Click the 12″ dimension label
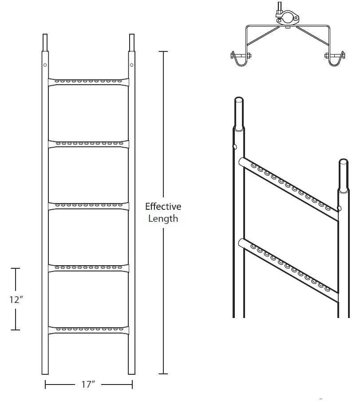click(16, 299)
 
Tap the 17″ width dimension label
click(88, 385)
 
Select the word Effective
click(163, 207)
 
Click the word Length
click(163, 218)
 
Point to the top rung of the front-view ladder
click(88, 81)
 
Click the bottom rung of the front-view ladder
click(88, 330)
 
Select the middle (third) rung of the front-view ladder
click(88, 205)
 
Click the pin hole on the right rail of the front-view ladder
click(131, 65)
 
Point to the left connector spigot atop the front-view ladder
click(45, 43)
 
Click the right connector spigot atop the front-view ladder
click(132, 43)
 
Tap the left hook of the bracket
click(240, 58)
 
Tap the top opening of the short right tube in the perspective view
click(343, 161)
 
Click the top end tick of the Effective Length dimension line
click(163, 52)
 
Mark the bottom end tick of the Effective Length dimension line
click(163, 373)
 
